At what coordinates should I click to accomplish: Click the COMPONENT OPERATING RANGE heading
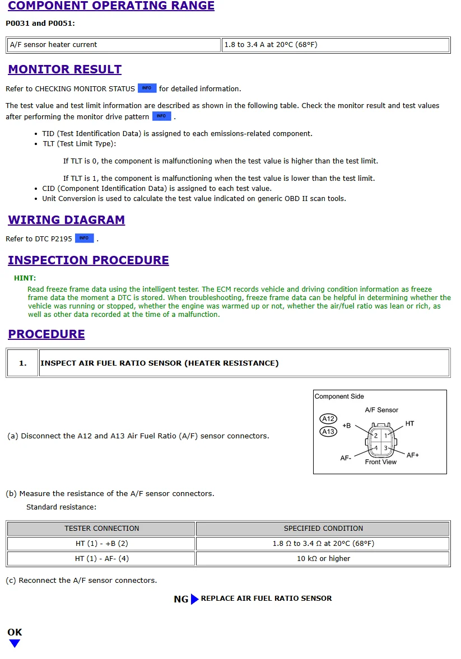[111, 6]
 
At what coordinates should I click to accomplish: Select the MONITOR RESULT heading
[64, 69]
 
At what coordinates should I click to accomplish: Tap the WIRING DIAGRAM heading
[66, 220]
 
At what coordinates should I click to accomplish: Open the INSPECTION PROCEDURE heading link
[88, 260]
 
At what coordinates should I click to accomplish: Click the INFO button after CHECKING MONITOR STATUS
[147, 88]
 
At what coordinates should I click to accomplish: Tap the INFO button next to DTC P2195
[84, 238]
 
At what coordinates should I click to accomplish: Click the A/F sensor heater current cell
[114, 45]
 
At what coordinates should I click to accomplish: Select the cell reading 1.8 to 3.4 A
[336, 45]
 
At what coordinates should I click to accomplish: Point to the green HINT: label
[25, 278]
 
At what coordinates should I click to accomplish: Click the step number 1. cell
[22, 363]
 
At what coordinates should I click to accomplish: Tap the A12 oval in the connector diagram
[328, 419]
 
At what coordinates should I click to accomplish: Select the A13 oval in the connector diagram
[328, 431]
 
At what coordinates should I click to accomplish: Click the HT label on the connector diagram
[409, 424]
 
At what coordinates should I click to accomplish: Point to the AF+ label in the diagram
[412, 455]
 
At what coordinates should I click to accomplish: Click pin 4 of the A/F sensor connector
[376, 448]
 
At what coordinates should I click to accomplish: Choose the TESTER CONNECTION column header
[101, 529]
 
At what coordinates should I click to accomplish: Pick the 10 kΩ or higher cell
[323, 559]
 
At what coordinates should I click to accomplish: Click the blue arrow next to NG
[194, 599]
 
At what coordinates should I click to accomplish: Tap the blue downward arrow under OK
[15, 644]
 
